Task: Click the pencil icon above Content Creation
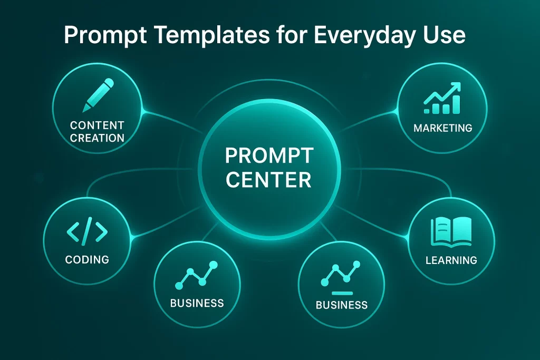[98, 95]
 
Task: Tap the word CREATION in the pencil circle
[98, 138]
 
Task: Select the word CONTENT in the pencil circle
[98, 125]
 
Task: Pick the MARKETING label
[443, 128]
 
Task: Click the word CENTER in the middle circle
[268, 180]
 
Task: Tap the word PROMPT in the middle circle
[269, 157]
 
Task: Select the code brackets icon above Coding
[87, 230]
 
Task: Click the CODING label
[87, 259]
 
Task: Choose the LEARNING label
[451, 260]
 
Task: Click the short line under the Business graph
[342, 292]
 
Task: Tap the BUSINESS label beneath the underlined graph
[341, 305]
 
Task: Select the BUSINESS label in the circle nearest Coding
[197, 303]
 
